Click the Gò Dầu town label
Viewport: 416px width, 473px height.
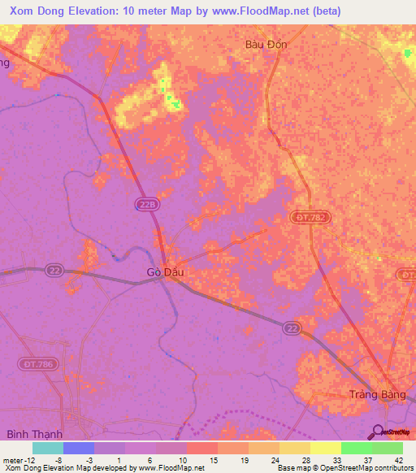coord(165,272)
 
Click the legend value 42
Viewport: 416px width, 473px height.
coord(399,460)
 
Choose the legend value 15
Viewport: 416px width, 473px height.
coord(212,460)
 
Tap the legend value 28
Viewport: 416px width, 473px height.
coord(305,460)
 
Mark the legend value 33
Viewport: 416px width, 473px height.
coord(336,460)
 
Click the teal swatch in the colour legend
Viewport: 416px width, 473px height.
coord(48,448)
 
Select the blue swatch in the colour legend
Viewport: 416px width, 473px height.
coord(79,448)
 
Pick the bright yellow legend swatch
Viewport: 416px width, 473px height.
coord(326,448)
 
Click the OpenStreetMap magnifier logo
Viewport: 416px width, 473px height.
coord(378,432)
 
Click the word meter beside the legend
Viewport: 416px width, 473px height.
coord(12,460)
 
